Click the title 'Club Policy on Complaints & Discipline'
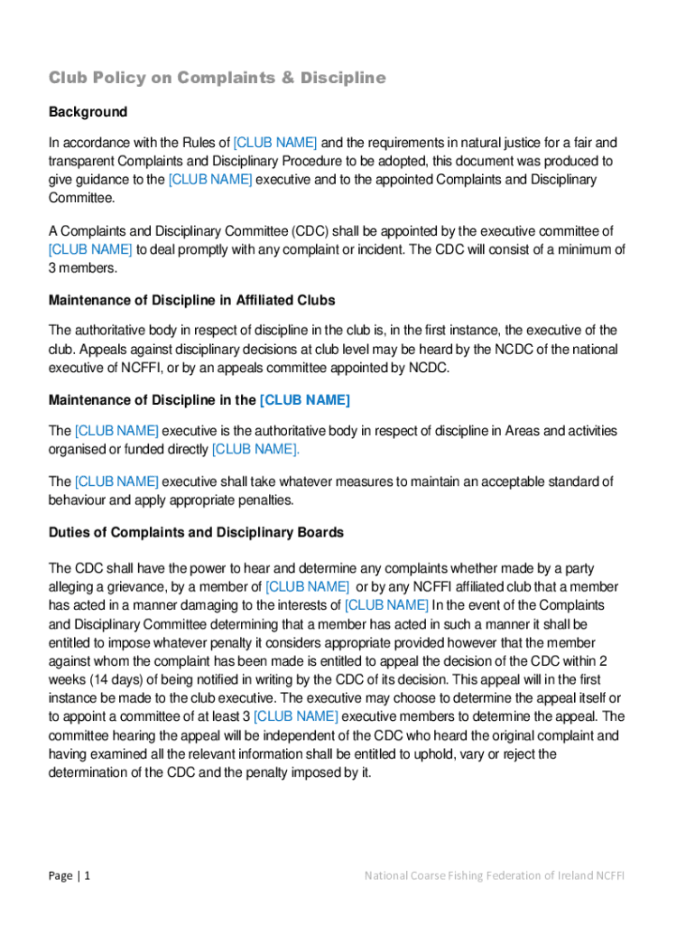click(x=217, y=79)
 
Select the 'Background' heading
click(x=88, y=112)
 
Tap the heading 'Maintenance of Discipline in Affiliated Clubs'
click(x=191, y=300)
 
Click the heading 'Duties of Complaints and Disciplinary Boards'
click(x=196, y=532)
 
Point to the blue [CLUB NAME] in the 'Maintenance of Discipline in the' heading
click(x=304, y=399)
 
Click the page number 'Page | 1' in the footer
click(x=69, y=875)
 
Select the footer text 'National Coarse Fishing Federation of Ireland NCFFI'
click(x=495, y=875)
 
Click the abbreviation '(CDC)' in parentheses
click(x=312, y=231)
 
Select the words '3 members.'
click(x=83, y=268)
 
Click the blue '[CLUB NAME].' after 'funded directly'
click(x=255, y=449)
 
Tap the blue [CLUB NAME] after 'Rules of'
click(x=275, y=143)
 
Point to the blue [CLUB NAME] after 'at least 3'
click(x=296, y=716)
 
